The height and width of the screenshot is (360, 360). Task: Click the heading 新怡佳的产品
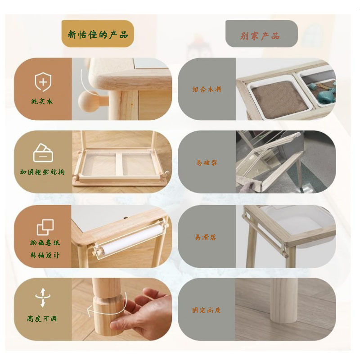click(x=98, y=35)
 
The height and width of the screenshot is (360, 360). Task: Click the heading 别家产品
click(x=260, y=36)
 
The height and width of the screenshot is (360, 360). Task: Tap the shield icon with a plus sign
click(x=43, y=82)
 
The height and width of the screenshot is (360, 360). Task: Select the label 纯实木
click(x=42, y=101)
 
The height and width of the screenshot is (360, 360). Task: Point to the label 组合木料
click(x=207, y=89)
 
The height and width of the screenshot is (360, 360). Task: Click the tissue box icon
click(x=43, y=153)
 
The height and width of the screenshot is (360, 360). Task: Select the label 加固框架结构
click(x=42, y=172)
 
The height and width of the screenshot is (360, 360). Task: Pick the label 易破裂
click(x=207, y=162)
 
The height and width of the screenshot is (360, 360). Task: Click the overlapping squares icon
click(x=45, y=227)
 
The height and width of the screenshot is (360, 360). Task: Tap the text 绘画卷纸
click(x=45, y=243)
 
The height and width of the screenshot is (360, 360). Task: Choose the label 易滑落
click(x=206, y=237)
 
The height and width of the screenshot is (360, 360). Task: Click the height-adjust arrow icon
click(x=43, y=297)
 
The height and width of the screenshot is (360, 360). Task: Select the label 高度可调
click(x=42, y=319)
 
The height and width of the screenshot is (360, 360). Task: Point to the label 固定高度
click(x=207, y=310)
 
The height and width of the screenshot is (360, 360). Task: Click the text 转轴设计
click(x=45, y=255)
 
